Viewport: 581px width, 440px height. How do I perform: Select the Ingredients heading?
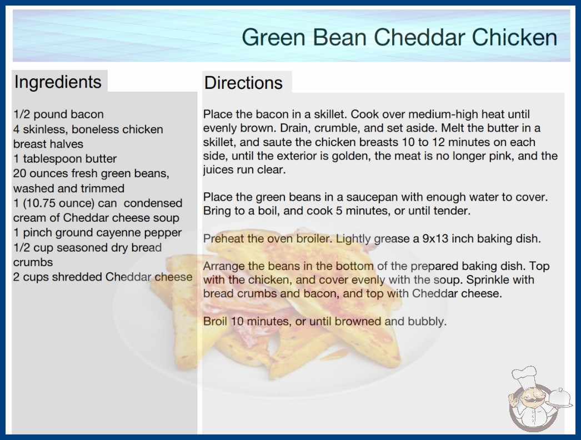[x=58, y=82]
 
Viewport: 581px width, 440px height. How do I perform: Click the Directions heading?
[x=243, y=83]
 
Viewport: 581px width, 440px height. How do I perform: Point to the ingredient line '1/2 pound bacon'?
[x=58, y=114]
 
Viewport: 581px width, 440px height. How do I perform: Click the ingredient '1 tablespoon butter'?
[x=65, y=159]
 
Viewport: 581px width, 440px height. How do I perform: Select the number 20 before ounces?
[x=19, y=173]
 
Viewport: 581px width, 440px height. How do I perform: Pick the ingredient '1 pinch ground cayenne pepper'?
[x=97, y=233]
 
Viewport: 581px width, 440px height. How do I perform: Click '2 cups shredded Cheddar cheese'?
[x=103, y=277]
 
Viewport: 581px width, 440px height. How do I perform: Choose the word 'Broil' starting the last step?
[x=215, y=321]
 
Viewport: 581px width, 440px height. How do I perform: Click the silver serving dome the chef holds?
[x=559, y=398]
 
